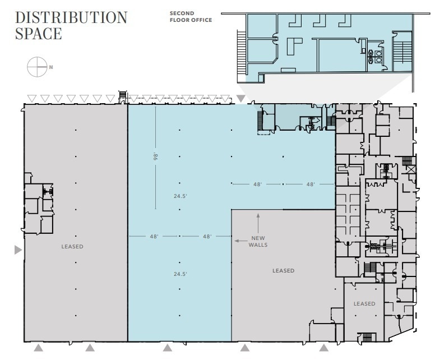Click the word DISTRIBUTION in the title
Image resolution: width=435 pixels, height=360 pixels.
(71, 17)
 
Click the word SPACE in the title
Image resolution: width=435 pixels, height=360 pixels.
(38, 34)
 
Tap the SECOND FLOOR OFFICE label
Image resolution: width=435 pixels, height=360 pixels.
(191, 16)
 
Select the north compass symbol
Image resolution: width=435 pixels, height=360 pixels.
(36, 67)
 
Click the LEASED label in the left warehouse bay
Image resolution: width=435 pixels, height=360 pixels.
(72, 247)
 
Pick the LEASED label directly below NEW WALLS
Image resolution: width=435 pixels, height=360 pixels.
(283, 271)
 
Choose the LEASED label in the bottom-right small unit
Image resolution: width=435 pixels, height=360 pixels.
(364, 304)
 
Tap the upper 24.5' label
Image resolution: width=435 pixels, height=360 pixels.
(179, 196)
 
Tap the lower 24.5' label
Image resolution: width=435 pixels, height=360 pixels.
(179, 274)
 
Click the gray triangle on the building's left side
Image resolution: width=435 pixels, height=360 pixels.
(18, 250)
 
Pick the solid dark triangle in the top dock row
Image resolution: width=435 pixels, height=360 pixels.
(240, 99)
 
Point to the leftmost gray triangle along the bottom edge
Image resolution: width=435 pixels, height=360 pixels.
(38, 348)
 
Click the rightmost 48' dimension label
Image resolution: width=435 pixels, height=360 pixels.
(310, 184)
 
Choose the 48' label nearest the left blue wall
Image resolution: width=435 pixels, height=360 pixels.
(154, 237)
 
